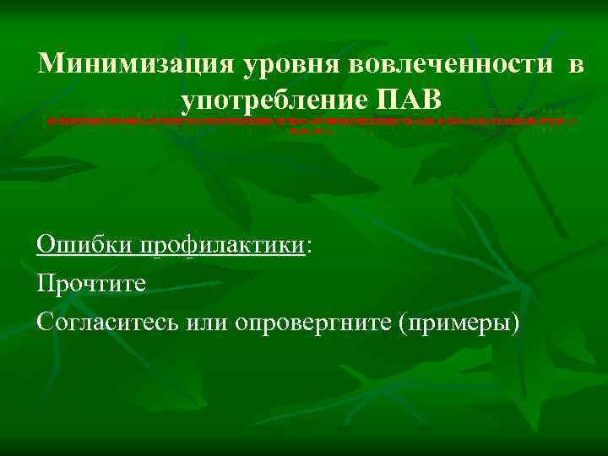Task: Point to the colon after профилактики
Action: tap(307, 246)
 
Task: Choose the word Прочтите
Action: tap(91, 282)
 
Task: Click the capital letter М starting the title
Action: tap(52, 65)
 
